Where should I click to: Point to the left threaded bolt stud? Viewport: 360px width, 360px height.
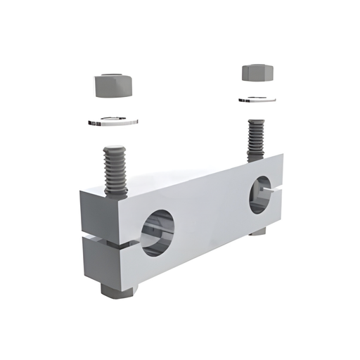pos(115,169)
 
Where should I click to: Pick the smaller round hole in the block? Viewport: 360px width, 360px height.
pos(259,196)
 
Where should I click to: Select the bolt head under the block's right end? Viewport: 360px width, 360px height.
pos(257,230)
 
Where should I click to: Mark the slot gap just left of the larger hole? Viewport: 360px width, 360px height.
pos(134,242)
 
